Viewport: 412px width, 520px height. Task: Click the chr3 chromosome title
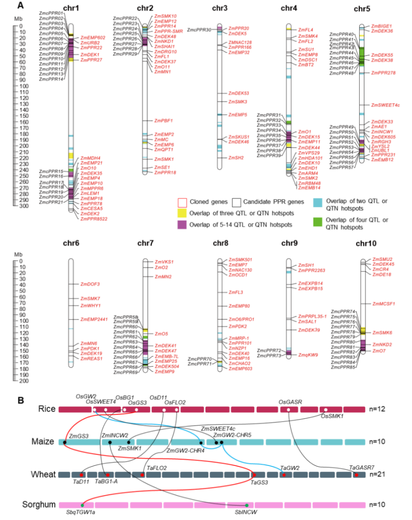point(220,8)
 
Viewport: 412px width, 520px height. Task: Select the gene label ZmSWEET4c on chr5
point(385,105)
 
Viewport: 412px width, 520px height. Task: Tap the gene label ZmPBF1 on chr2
point(163,121)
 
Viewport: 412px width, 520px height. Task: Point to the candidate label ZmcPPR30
point(199,30)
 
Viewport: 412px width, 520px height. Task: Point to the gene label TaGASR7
point(361,467)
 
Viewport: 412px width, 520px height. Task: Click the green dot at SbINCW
point(247,505)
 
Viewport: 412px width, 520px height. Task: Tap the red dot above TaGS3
point(254,475)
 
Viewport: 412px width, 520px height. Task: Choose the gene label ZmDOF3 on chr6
point(90,284)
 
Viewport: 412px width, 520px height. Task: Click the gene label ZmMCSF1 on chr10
point(383,304)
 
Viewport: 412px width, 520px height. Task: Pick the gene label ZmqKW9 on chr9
point(308,355)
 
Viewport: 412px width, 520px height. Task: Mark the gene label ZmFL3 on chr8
point(235,292)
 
